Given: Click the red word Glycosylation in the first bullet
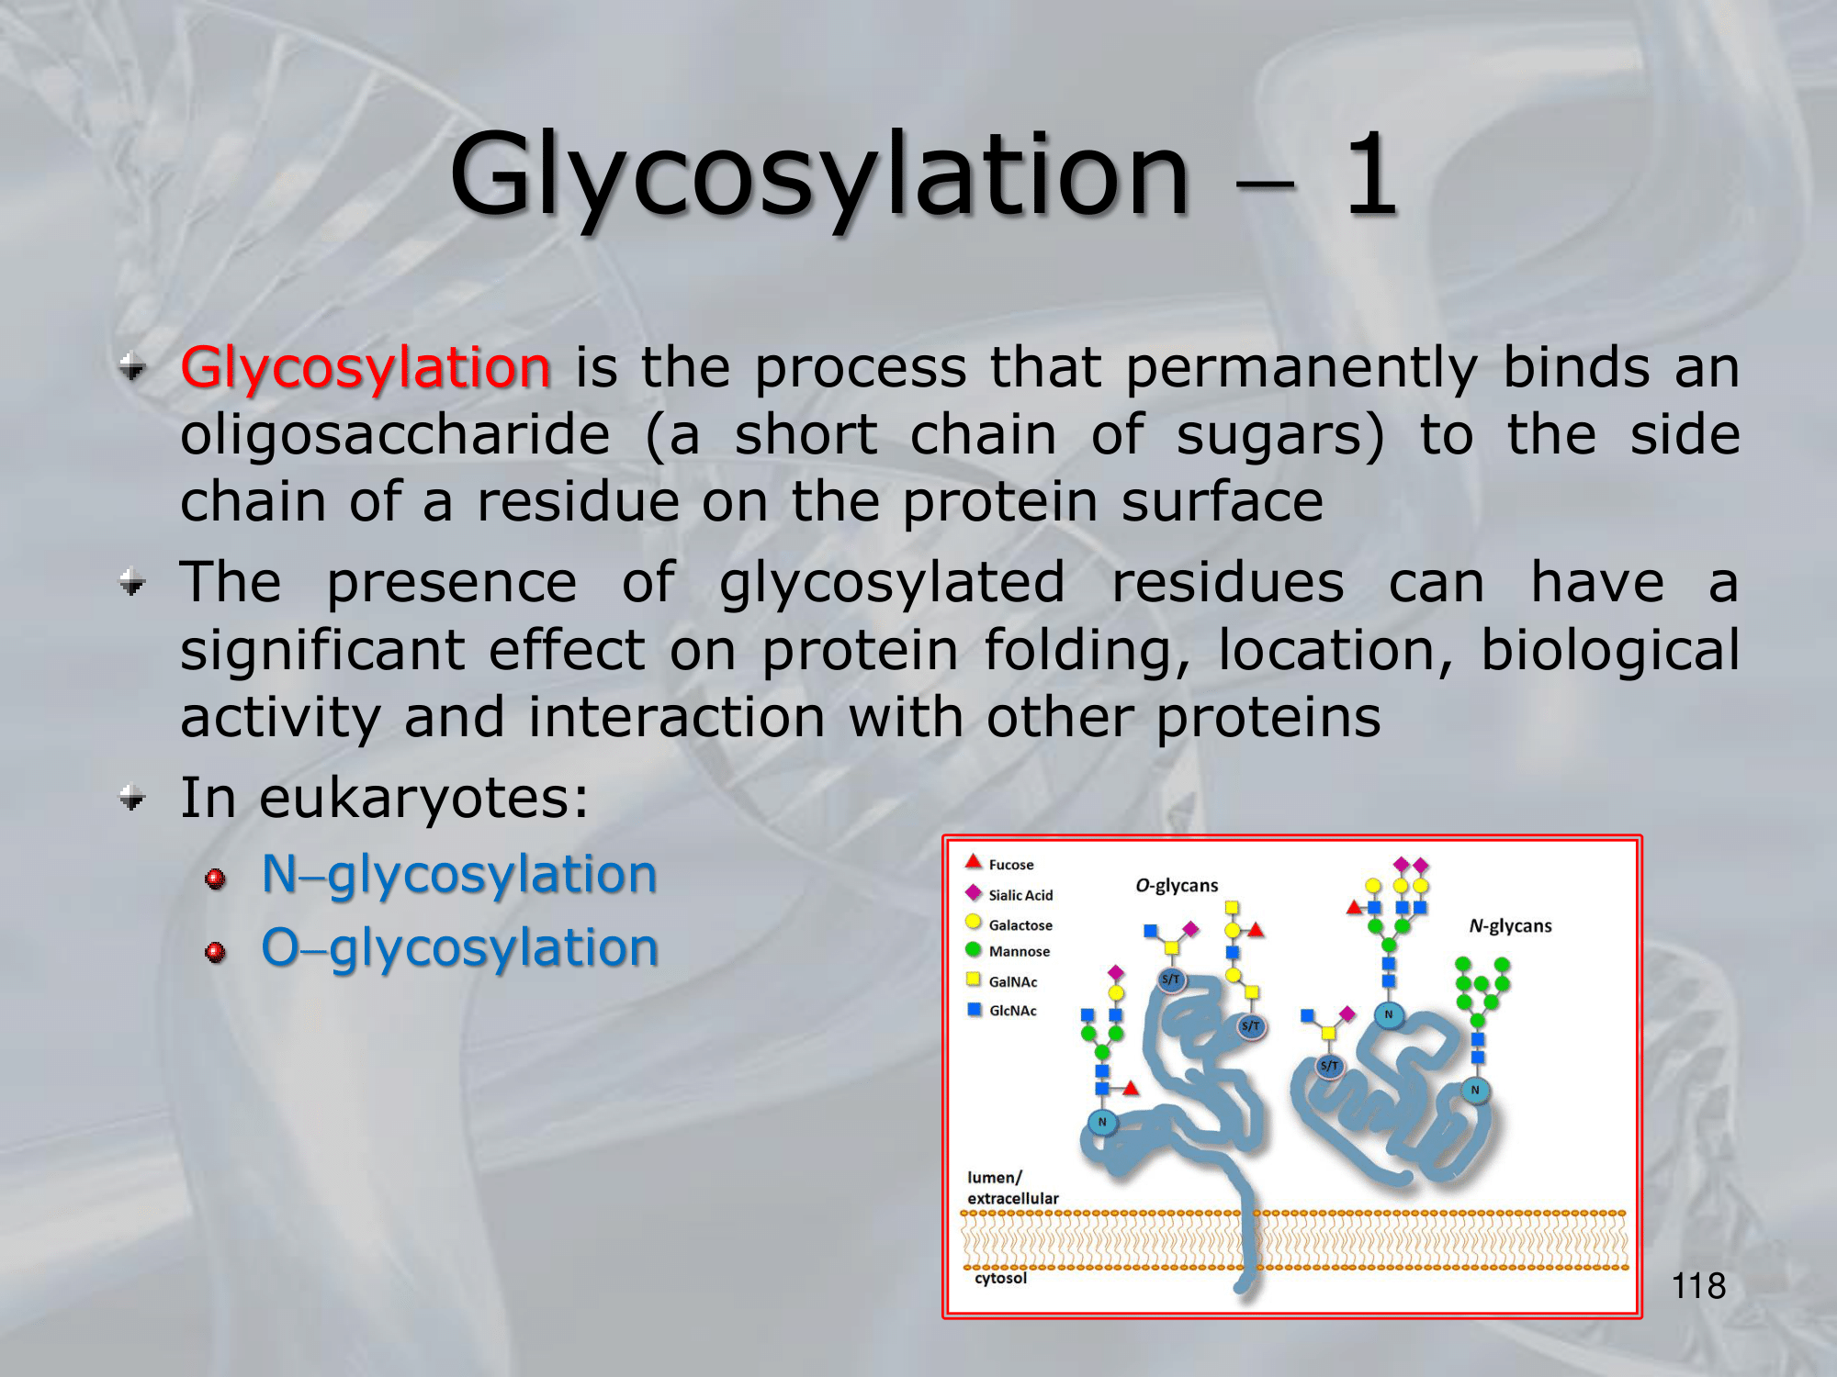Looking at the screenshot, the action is pos(366,370).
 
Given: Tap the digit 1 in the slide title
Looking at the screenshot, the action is pos(1371,174).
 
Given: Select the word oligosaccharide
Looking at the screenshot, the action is pos(395,435).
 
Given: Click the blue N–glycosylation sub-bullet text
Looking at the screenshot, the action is pos(459,875).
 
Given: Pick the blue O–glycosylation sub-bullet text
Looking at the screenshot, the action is pos(460,948).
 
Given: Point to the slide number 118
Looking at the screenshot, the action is pos(1698,1286).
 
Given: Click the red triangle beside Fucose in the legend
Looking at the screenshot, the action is pos(974,861).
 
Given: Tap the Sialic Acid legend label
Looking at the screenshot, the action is pos(1020,895).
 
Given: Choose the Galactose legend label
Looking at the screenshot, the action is pos(1020,925).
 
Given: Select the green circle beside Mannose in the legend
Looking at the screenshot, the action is pos(974,949).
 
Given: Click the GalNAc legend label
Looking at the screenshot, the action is pos(1013,981).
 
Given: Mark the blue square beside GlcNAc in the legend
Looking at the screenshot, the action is pos(975,1009).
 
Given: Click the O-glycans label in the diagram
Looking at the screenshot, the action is pos(1177,886).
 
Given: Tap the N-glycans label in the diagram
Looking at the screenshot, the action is pos(1510,926).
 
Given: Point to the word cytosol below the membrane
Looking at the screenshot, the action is pos(1000,1278).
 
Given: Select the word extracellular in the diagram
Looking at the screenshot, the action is pos(1012,1198).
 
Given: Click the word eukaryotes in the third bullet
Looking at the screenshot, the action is pos(423,799).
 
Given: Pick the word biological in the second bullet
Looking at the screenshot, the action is pos(1610,650).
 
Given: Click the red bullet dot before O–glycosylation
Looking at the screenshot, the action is pos(216,952).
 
